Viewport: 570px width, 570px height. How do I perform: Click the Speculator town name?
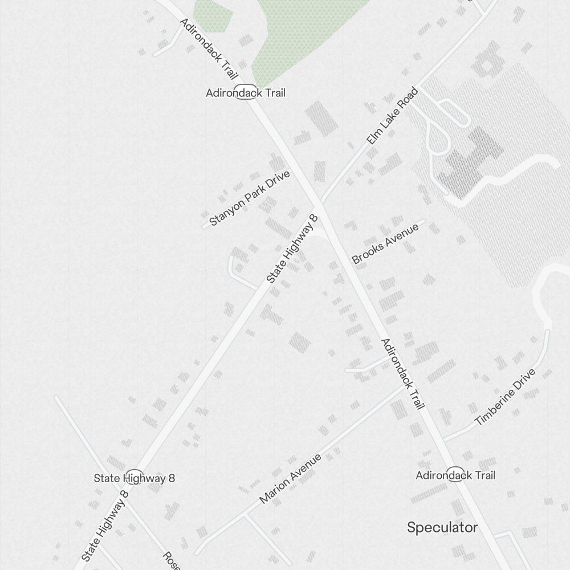442,527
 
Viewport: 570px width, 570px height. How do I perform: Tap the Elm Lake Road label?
392,116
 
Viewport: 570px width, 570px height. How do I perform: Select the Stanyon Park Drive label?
250,198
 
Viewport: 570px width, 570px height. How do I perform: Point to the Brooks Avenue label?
385,243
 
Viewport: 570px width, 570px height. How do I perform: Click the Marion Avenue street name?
290,478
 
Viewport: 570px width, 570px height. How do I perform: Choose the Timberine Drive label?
505,397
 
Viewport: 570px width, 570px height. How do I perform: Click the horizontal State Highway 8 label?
135,478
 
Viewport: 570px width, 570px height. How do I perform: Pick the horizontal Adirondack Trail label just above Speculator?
455,475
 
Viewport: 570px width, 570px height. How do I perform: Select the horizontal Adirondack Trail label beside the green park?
246,92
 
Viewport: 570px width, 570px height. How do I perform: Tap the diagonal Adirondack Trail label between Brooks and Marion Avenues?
402,374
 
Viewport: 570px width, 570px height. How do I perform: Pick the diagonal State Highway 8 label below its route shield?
106,530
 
